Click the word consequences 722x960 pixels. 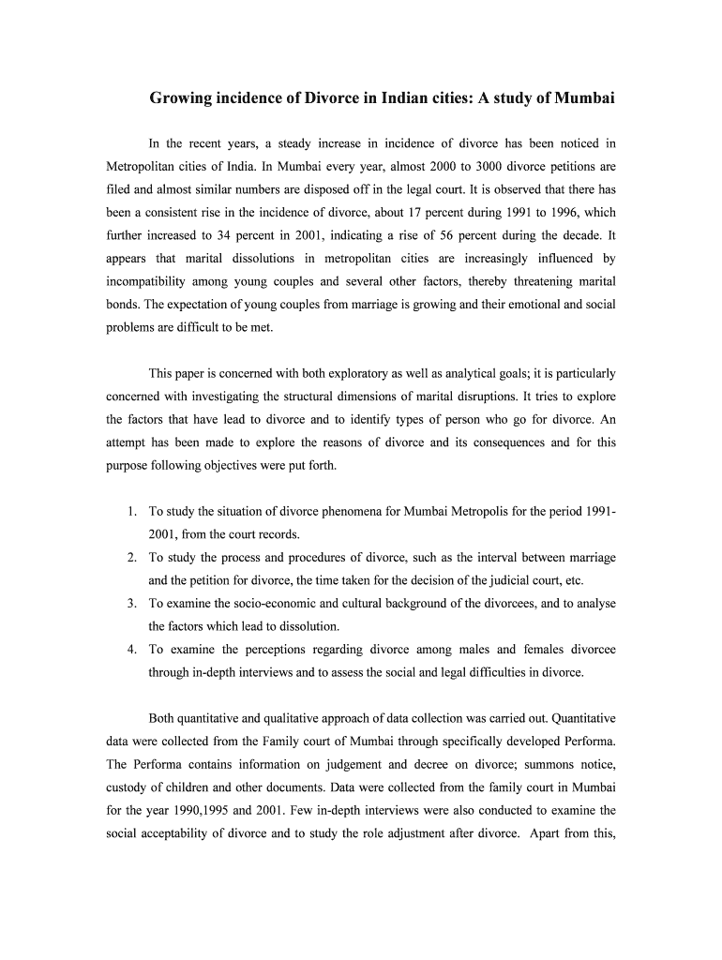pyautogui.click(x=503, y=442)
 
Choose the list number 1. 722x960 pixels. pyautogui.click(x=132, y=512)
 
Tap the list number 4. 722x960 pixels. pyautogui.click(x=132, y=649)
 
